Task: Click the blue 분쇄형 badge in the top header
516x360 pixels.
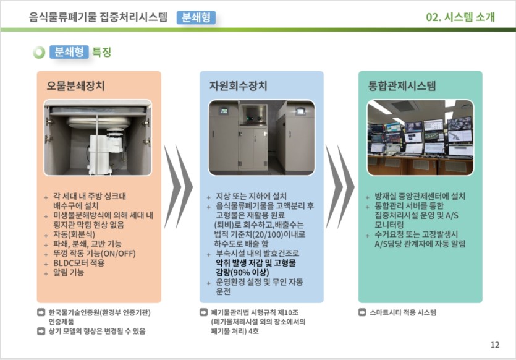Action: pos(196,17)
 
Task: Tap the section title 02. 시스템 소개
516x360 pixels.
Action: pos(460,17)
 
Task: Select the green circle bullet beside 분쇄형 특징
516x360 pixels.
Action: pos(39,53)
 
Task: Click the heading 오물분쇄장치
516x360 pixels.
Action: pos(75,86)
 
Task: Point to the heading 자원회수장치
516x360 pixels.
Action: pos(239,86)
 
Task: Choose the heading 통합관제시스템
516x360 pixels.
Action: pos(402,86)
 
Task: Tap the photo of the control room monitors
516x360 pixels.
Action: pos(420,137)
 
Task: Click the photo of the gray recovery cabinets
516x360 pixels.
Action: pos(261,137)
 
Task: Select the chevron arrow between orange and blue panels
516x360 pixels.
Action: pos(178,187)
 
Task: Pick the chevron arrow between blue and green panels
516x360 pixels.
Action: pos(340,187)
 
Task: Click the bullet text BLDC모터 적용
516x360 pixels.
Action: pos(78,263)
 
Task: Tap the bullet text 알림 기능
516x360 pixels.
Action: pos(69,273)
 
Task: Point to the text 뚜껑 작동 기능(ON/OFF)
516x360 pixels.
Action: pos(95,254)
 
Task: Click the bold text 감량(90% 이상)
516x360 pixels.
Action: pos(242,273)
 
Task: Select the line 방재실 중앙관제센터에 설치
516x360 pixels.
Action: pos(420,197)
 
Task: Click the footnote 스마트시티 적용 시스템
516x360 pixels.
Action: pos(403,312)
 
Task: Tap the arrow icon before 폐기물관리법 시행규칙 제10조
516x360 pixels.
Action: pos(204,312)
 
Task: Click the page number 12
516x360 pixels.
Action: pos(495,345)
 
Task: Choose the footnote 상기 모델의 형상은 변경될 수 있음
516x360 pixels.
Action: pos(97,332)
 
